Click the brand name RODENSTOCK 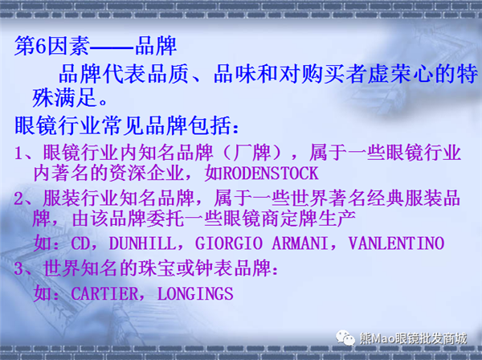click(271, 174)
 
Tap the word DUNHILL click(143, 243)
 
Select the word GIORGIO click(229, 243)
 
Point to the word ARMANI click(300, 243)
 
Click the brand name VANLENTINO click(396, 243)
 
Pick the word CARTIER click(104, 293)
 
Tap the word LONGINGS click(195, 293)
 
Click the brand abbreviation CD click(80, 243)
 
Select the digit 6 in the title click(41, 47)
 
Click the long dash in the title click(112, 47)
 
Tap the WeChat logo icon click(345, 337)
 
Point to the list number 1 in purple click(18, 153)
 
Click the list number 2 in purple click(18, 198)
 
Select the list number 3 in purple click(18, 268)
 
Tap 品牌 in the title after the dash click(156, 46)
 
